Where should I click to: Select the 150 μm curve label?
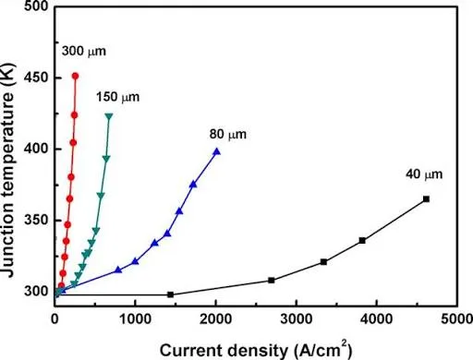pos(114,95)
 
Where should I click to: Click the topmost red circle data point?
pos(75,76)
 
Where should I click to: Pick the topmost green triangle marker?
pos(109,116)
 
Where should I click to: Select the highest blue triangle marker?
pos(216,151)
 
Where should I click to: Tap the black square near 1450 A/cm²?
pos(171,294)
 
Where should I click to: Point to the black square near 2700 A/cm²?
pos(271,280)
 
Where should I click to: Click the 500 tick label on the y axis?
pos(35,6)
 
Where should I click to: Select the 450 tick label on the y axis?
pos(35,78)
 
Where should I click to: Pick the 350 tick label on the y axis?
pos(35,220)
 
